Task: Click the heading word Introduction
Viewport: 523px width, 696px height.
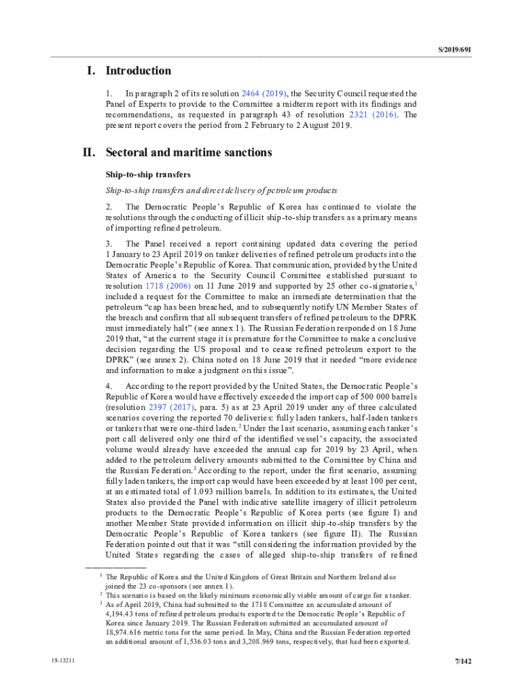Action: (139, 71)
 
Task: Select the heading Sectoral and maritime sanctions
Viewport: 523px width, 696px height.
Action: (189, 153)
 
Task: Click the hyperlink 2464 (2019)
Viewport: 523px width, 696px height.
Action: (261, 93)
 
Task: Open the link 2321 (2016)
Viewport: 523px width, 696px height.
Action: (373, 115)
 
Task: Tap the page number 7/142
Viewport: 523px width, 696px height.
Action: (463, 661)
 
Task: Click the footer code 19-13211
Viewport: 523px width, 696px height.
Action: (62, 661)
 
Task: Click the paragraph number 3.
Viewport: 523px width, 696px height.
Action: (108, 243)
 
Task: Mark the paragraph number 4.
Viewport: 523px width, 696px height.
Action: (108, 385)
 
